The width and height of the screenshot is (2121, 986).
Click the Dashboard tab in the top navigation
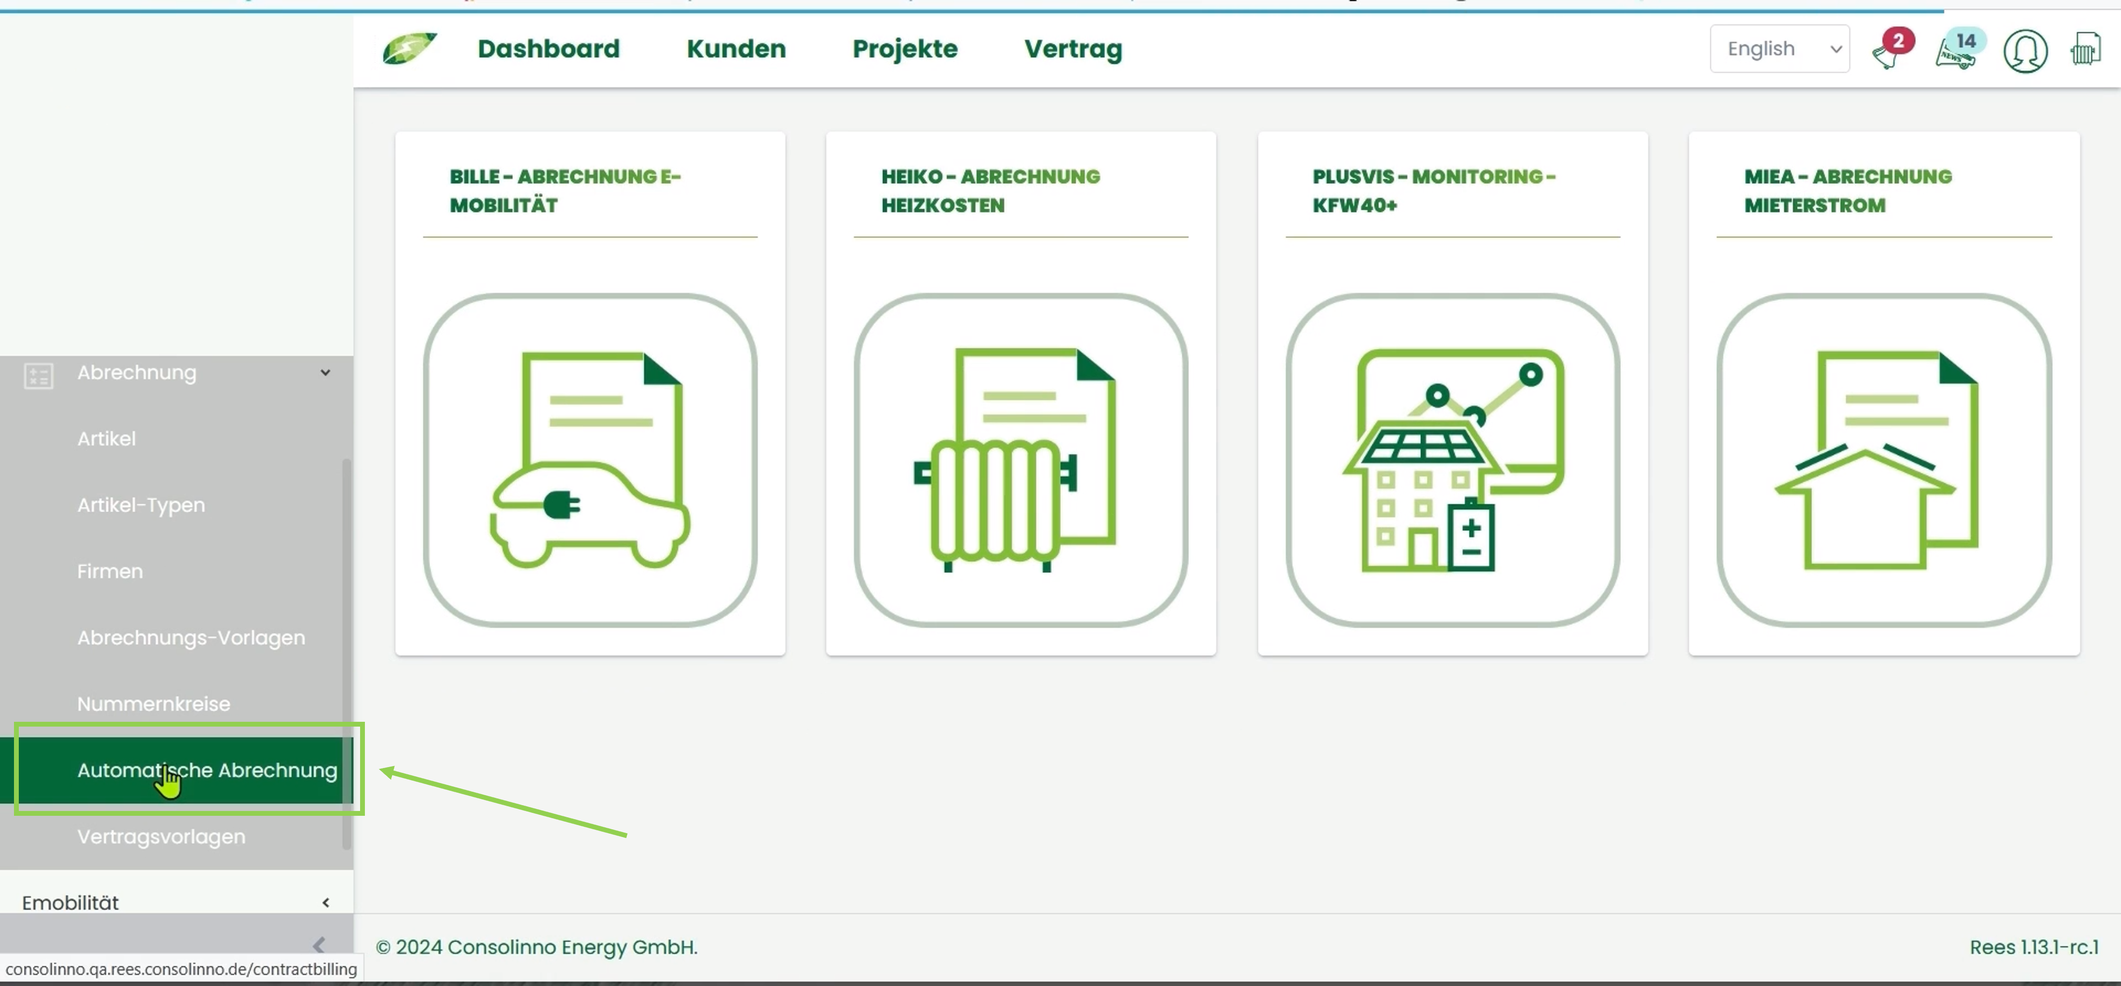pos(549,49)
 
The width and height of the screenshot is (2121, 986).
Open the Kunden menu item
pos(736,49)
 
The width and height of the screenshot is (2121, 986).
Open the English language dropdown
pos(1779,49)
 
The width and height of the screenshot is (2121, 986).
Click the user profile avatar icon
pos(2025,51)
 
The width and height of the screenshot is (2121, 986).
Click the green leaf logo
pos(409,49)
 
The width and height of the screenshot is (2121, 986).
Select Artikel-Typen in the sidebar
pos(141,505)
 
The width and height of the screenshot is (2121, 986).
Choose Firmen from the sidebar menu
pos(109,571)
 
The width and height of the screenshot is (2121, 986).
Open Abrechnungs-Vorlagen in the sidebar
pos(191,637)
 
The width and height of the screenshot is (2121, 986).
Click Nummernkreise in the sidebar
pos(154,703)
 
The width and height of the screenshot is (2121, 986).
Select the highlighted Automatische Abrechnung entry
pos(207,770)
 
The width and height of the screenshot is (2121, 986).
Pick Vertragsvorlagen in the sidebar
pos(161,836)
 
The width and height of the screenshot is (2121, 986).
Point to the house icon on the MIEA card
pos(1864,507)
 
